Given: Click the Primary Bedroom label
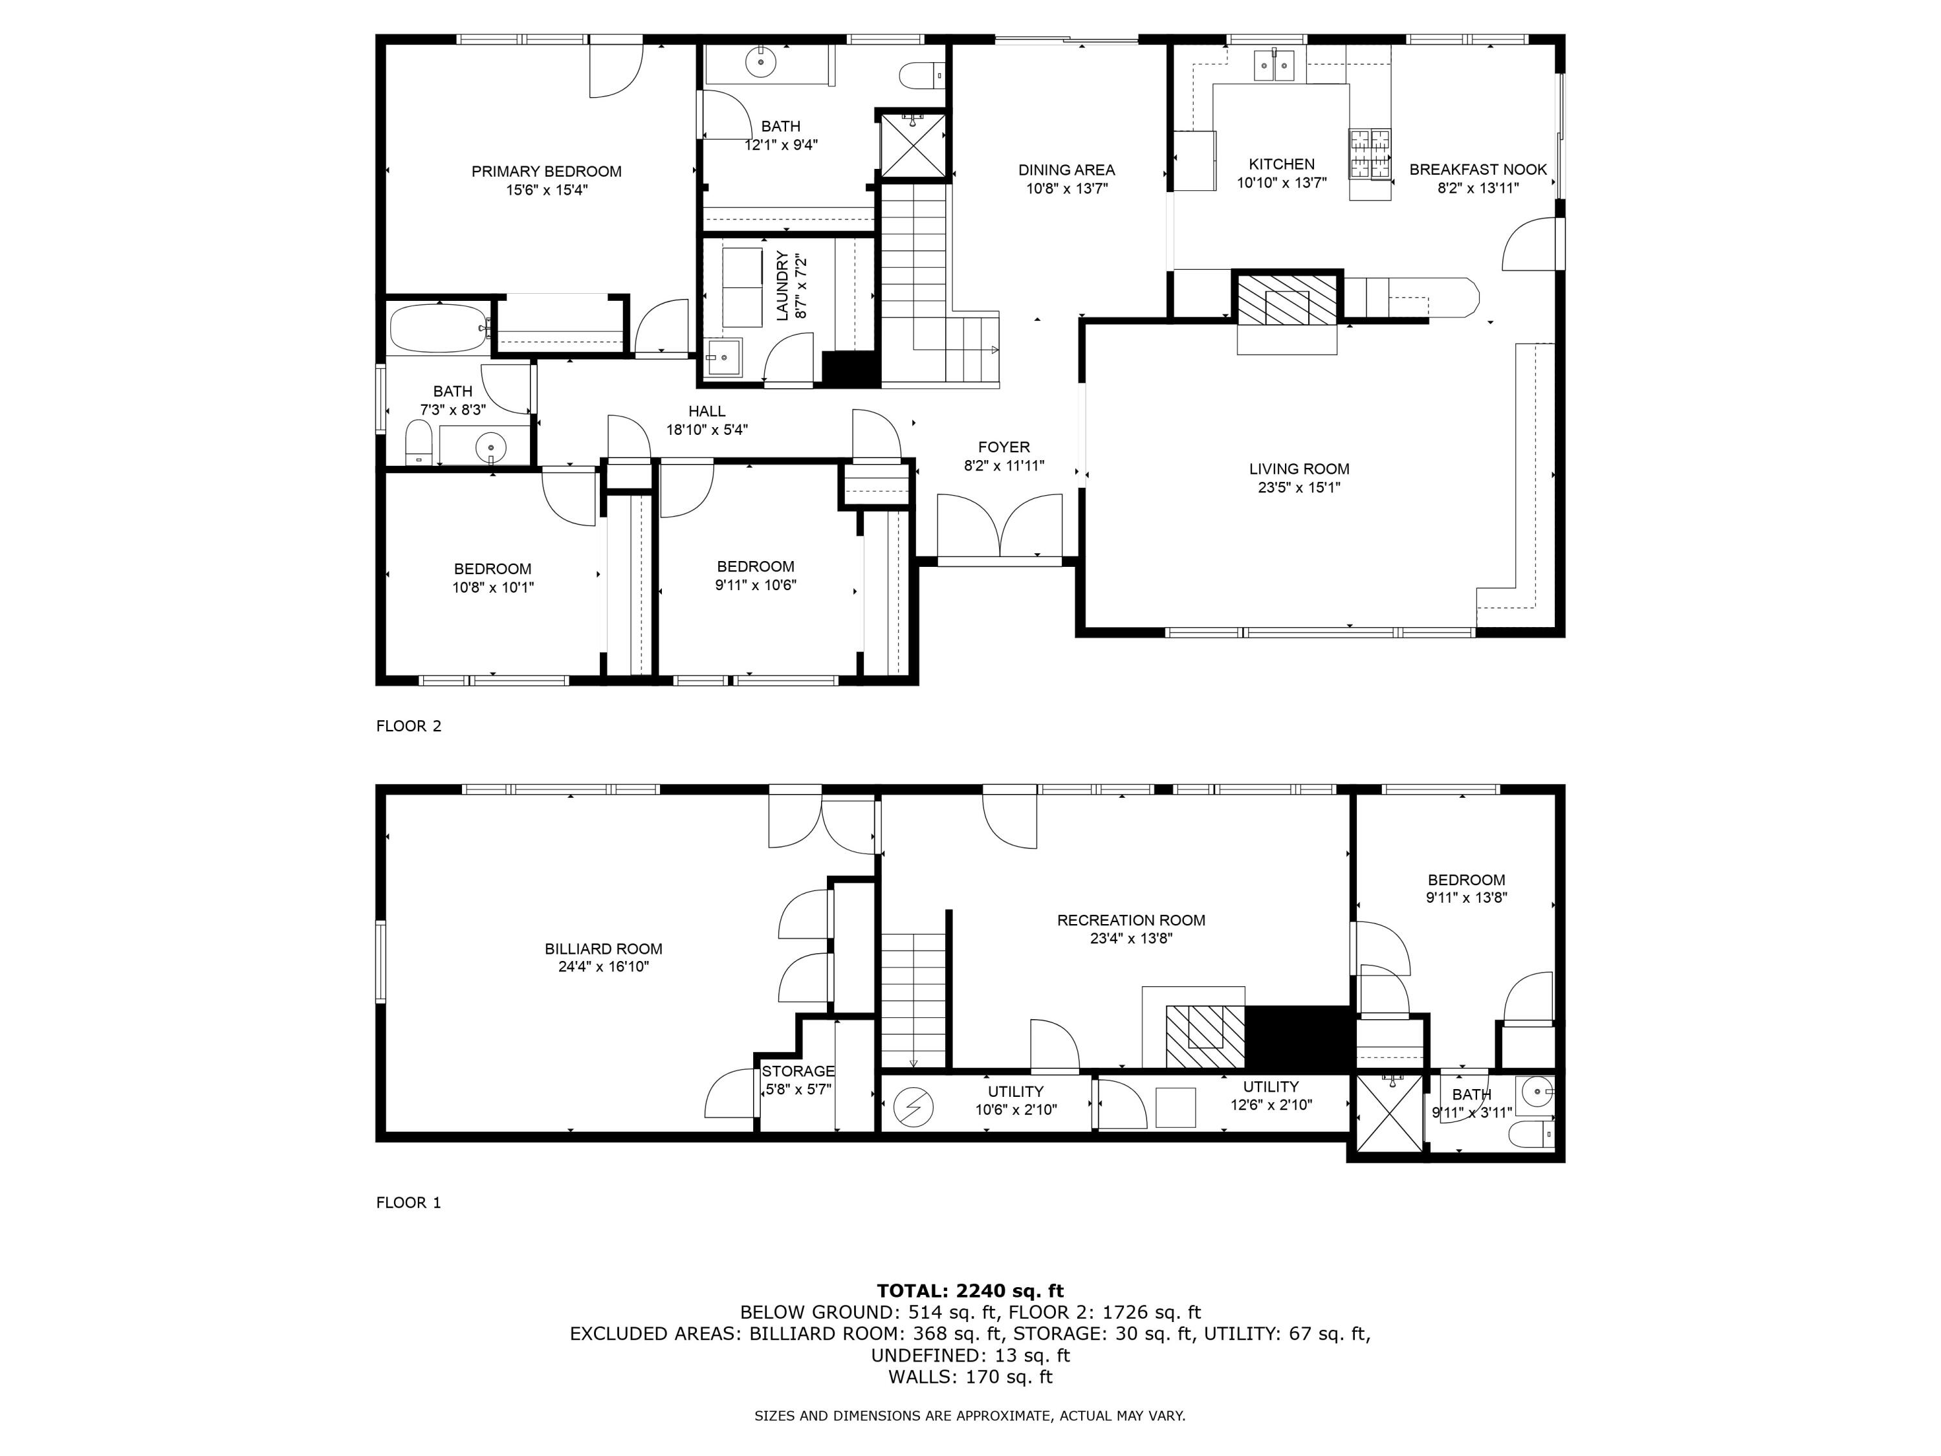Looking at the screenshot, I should point(546,171).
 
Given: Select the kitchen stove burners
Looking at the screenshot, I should point(1370,153).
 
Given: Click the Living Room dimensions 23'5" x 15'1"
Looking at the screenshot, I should point(1299,488).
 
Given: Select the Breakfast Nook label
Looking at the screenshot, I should point(1478,170).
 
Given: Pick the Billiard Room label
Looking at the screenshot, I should point(603,949).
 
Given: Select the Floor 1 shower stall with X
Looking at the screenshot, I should point(1388,1111).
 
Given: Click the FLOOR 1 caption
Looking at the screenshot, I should point(408,1202).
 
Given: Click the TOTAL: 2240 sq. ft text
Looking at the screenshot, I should point(970,1290).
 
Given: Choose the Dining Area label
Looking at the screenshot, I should point(1066,170).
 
